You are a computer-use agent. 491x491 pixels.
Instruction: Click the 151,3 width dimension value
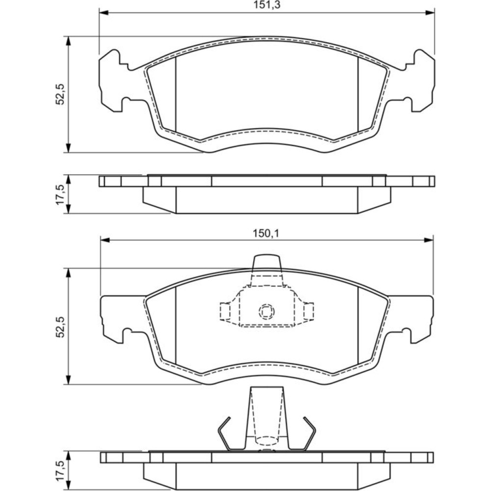click(x=266, y=5)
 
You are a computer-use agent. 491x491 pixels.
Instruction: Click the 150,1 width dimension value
click(x=266, y=233)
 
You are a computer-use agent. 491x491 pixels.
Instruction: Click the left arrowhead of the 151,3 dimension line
click(x=104, y=13)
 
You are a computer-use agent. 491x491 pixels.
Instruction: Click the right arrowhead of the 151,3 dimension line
click(x=430, y=13)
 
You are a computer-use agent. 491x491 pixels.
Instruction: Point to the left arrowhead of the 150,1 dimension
click(x=105, y=240)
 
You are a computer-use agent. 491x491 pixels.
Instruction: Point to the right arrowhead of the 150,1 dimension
click(x=428, y=240)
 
